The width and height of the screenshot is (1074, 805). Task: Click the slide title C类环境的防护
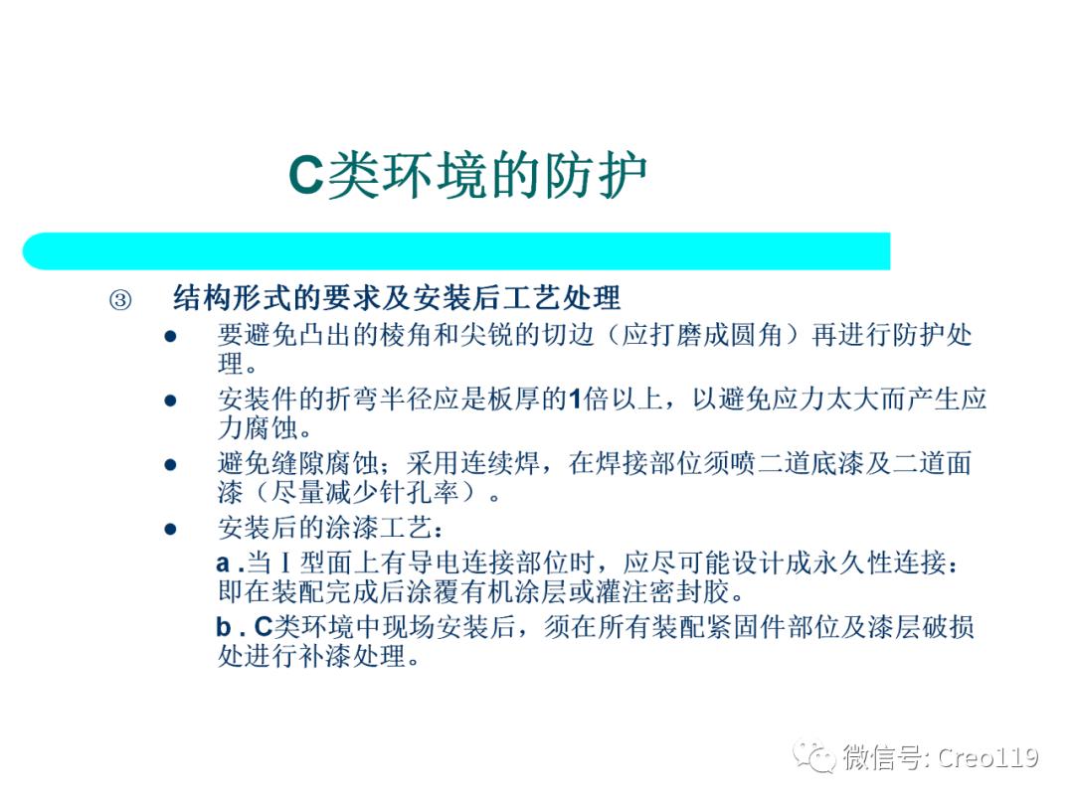click(467, 177)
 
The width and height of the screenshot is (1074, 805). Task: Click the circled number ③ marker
click(119, 300)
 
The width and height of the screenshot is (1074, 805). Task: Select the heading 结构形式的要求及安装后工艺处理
click(397, 298)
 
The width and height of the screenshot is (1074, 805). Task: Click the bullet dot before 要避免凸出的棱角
click(170, 337)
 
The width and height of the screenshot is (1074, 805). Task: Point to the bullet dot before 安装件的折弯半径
click(170, 401)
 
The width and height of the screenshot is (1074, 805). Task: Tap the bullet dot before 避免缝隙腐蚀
click(170, 464)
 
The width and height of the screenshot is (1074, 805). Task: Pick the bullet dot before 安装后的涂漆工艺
click(170, 528)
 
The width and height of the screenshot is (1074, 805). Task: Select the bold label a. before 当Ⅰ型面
click(230, 563)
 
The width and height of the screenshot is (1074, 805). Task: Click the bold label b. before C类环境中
click(230, 627)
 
